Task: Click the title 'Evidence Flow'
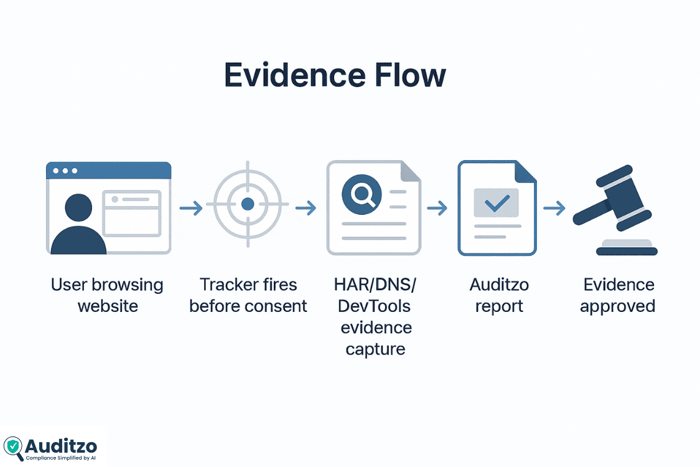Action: point(335,76)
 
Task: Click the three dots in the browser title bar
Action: point(65,171)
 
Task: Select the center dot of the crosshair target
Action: point(247,204)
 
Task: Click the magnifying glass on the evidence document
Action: point(358,194)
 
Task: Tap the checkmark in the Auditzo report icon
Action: point(497,202)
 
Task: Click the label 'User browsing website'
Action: point(107,295)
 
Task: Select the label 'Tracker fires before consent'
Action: point(248,295)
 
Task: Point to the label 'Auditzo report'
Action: point(499,295)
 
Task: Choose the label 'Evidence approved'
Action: point(618,295)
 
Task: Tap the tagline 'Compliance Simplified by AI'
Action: point(61,458)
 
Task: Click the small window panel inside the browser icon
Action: point(132,212)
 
